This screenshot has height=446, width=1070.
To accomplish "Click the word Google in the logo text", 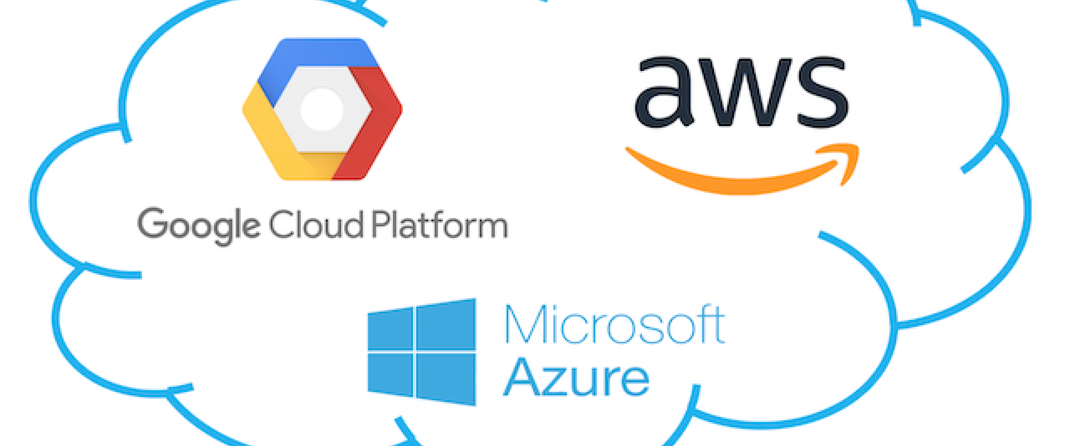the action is [198, 226].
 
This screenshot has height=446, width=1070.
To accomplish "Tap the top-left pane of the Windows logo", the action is [390, 328].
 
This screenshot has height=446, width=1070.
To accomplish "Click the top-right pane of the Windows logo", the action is [446, 324].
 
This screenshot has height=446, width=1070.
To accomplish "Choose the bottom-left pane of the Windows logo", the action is [390, 375].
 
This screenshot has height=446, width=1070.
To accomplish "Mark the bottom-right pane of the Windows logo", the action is [446, 379].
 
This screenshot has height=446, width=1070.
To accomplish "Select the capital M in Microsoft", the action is [526, 324].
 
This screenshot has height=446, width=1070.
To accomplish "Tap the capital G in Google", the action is [153, 223].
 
